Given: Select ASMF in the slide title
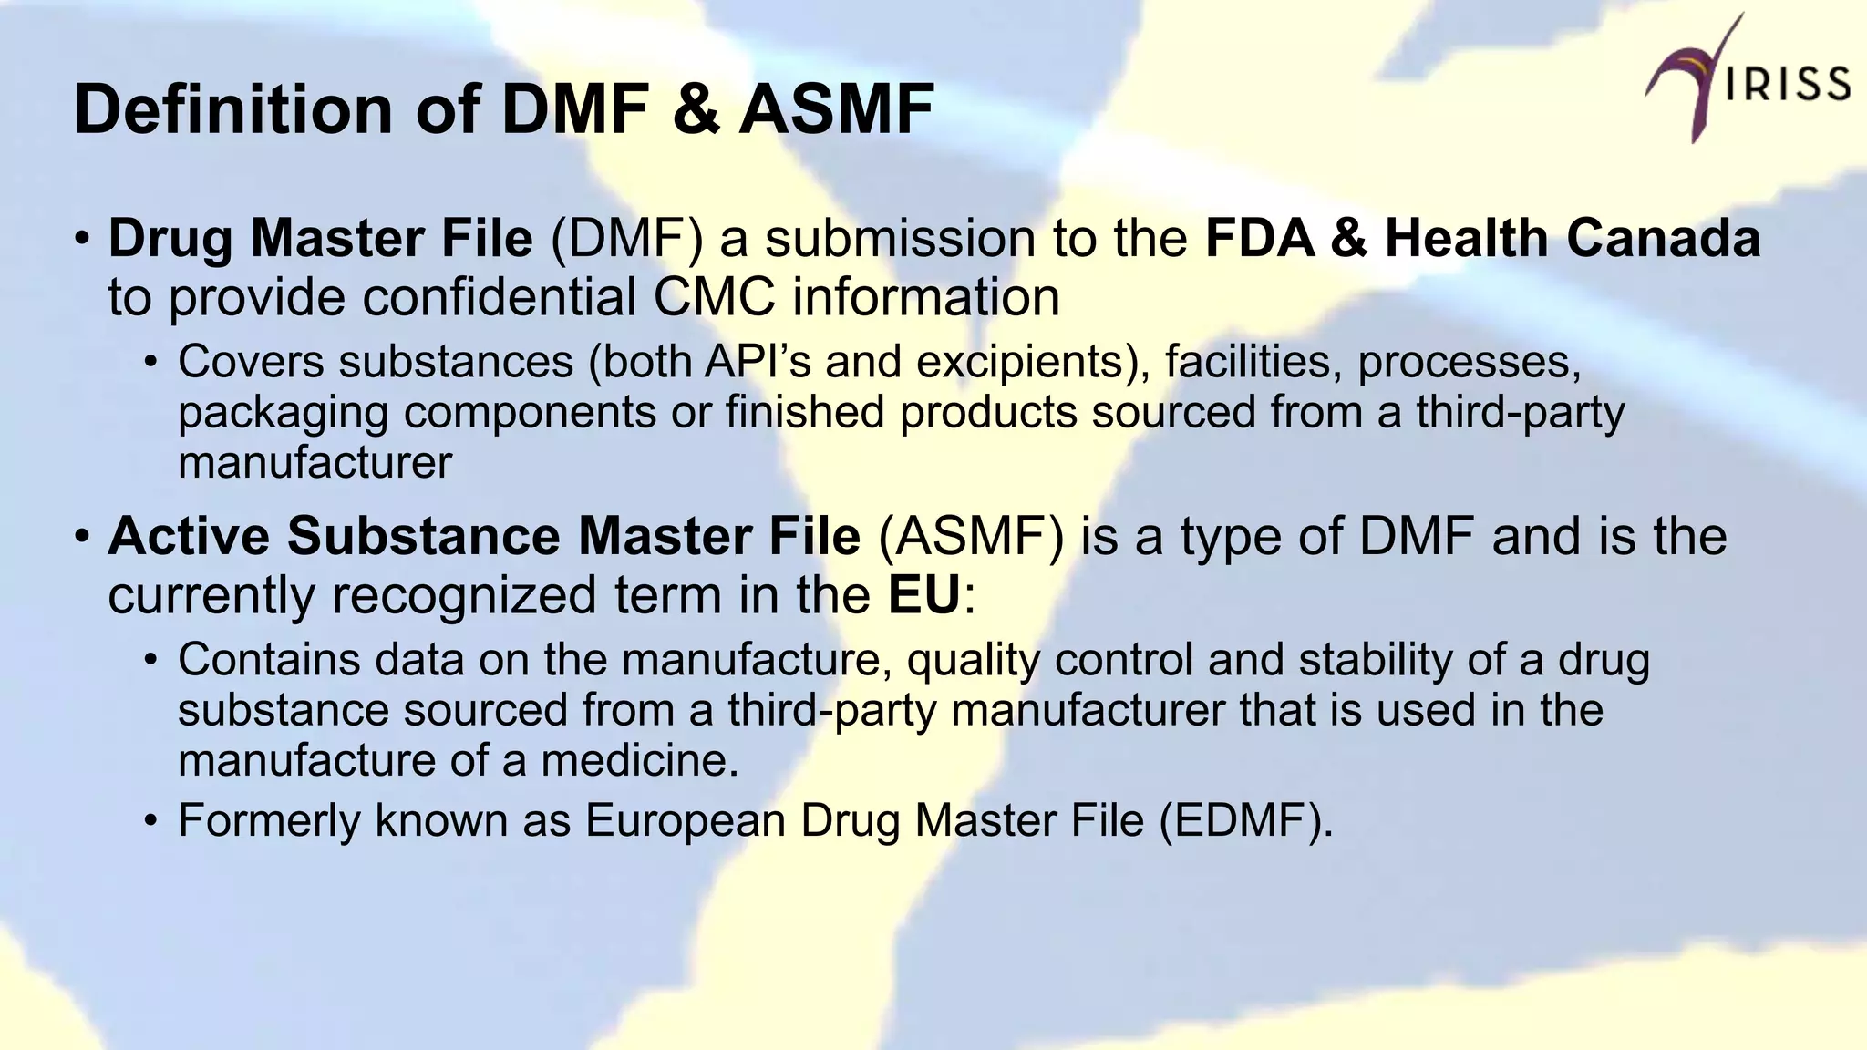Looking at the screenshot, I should tap(837, 109).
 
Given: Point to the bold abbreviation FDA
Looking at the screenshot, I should tap(1259, 238).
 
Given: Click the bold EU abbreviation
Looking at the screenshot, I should tap(924, 595).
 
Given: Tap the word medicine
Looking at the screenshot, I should tap(640, 760).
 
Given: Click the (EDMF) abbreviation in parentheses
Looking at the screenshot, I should tap(1247, 819).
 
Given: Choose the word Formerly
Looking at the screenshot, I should tap(269, 820).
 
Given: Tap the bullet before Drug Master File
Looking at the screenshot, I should tap(82, 239).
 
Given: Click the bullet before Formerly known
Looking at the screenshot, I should tap(151, 820).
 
